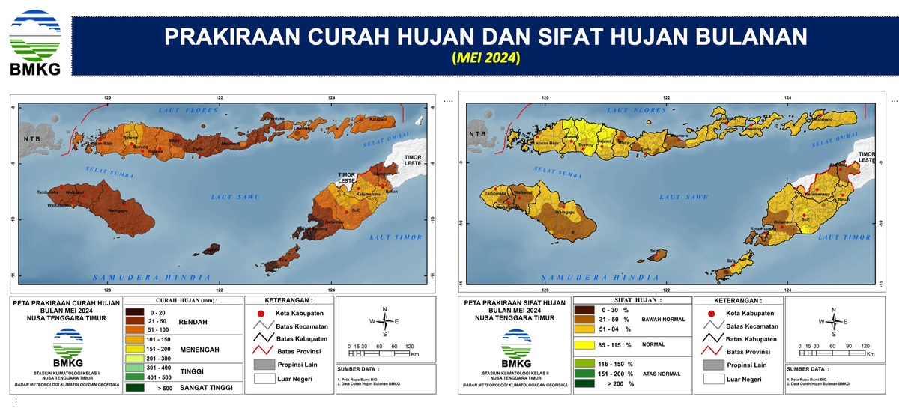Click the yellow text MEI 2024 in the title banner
click(x=485, y=58)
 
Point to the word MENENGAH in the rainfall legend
click(x=196, y=347)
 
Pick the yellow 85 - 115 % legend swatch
click(x=590, y=345)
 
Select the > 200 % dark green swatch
click(x=590, y=383)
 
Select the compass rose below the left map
click(x=384, y=321)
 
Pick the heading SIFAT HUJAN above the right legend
click(x=626, y=299)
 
